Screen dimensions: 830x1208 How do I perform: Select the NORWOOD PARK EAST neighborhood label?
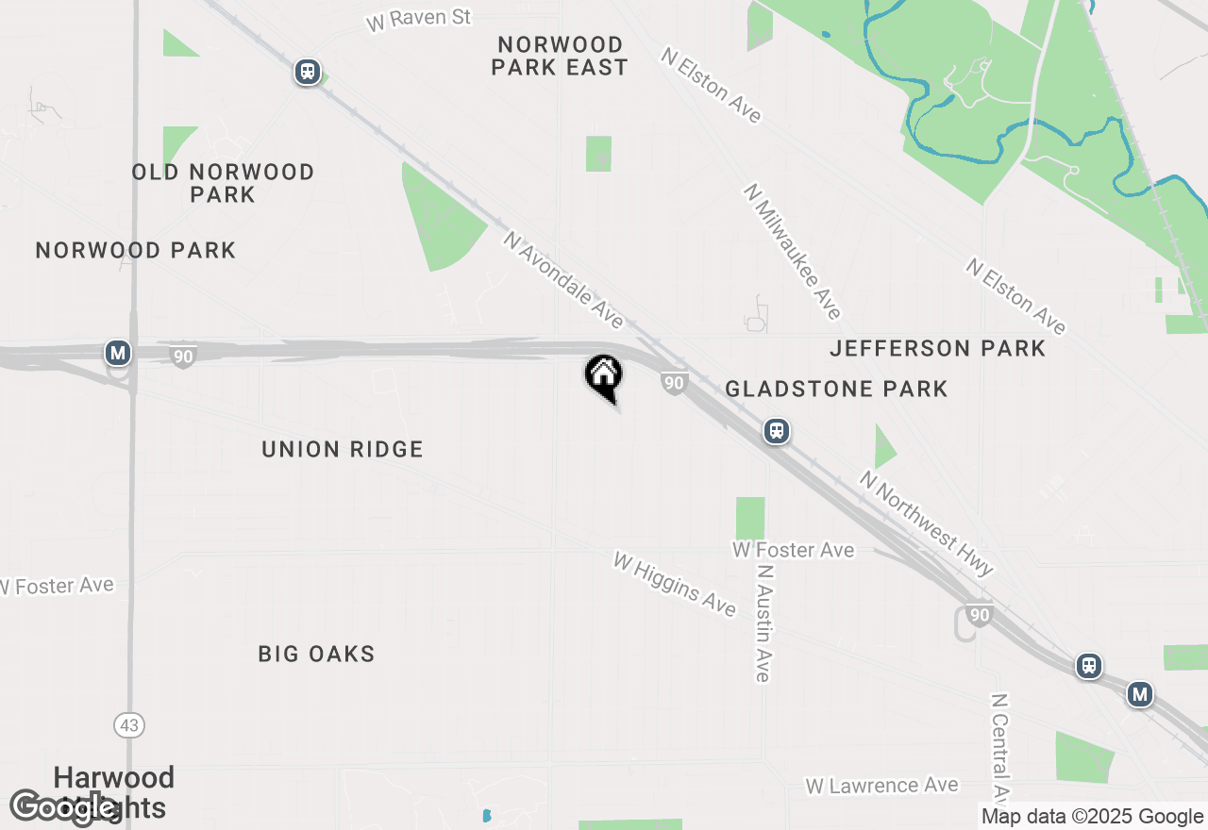pos(560,56)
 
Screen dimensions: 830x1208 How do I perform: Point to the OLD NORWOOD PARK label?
pos(223,183)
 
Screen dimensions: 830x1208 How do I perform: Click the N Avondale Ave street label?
pos(563,280)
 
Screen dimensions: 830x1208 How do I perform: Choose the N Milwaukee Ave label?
pos(792,251)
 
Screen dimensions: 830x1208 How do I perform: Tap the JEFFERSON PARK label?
pos(937,348)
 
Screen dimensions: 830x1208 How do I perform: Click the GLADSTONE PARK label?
pos(836,389)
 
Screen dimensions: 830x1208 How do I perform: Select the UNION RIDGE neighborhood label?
pos(343,449)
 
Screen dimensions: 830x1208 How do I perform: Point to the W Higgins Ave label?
pos(674,585)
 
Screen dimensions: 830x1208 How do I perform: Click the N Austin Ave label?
pos(764,622)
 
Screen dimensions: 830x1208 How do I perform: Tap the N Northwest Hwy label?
pos(926,523)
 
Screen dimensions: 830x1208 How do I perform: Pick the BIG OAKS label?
pos(316,654)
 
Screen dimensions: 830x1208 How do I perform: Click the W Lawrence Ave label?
pos(881,786)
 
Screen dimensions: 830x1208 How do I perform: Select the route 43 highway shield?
pos(129,725)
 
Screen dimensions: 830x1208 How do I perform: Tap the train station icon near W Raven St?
pos(307,72)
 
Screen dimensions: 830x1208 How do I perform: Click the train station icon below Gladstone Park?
pos(777,432)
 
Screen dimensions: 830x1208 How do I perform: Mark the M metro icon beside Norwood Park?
pos(117,354)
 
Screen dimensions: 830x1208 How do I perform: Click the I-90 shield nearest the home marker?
pos(673,383)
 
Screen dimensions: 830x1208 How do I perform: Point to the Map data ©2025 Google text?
pos(1092,817)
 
